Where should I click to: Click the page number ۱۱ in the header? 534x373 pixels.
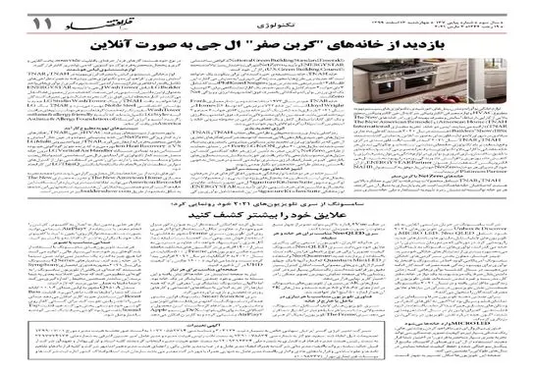tap(23, 19)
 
